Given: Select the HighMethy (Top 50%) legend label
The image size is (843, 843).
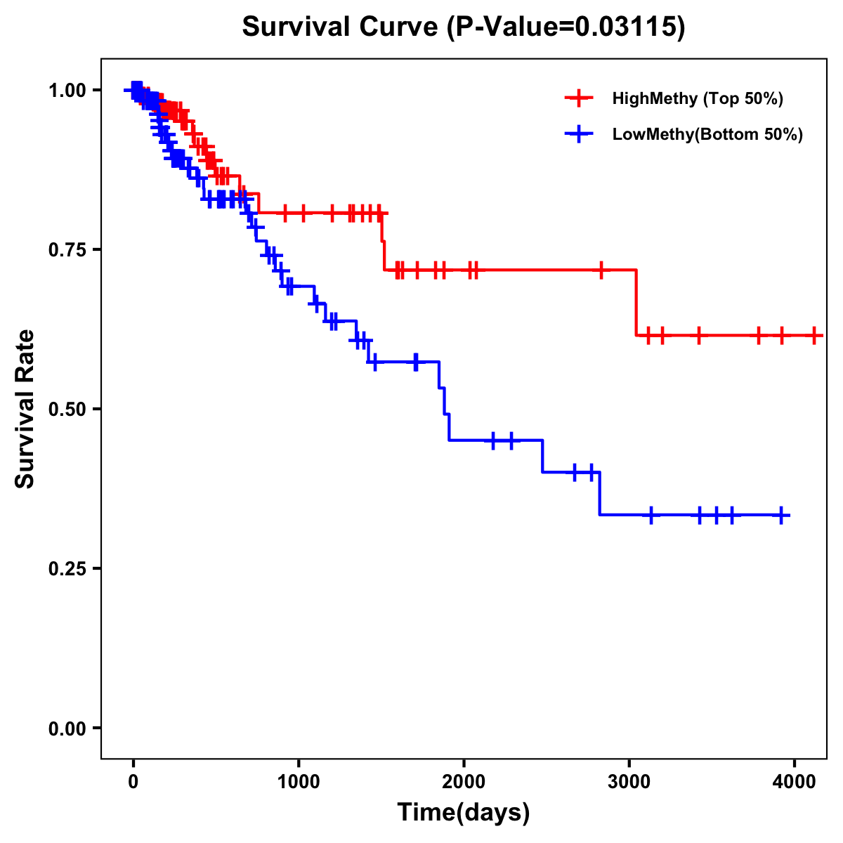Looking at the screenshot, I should [x=697, y=98].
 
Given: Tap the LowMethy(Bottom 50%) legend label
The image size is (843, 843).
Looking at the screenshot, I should [x=707, y=135].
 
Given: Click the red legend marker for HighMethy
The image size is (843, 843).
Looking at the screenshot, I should [x=579, y=98].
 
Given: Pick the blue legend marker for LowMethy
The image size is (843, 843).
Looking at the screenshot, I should [x=579, y=135].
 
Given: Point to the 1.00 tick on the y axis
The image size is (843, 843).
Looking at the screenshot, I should [x=67, y=90].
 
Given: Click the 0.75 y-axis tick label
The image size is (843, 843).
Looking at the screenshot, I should [x=67, y=249].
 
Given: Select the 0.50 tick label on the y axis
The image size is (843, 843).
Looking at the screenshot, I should [x=67, y=409].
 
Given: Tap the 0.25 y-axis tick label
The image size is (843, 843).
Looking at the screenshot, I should [x=67, y=568].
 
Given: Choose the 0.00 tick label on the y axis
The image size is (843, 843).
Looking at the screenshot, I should [x=67, y=728].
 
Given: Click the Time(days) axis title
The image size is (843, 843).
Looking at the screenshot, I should [x=464, y=813].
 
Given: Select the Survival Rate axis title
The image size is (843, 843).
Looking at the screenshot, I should [x=25, y=409].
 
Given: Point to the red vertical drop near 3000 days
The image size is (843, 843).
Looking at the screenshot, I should [x=636, y=302].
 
